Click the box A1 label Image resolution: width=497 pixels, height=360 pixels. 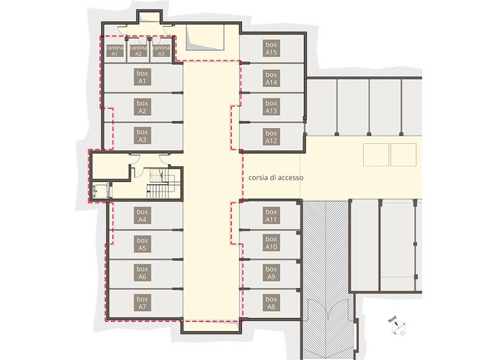pyautogui.click(x=142, y=77)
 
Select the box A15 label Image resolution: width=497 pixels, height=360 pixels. pyautogui.click(x=271, y=48)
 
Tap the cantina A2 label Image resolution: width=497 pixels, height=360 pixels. pyautogui.click(x=138, y=50)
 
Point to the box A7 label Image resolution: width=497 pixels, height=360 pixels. pyautogui.click(x=142, y=303)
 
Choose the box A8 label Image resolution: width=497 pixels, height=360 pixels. pyautogui.click(x=271, y=303)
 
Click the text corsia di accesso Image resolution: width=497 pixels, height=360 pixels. pyautogui.click(x=276, y=178)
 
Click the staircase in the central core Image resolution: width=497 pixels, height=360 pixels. pyautogui.click(x=161, y=183)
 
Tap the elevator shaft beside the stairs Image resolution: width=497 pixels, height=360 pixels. pyautogui.click(x=100, y=191)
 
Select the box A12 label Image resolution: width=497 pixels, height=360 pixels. pyautogui.click(x=271, y=137)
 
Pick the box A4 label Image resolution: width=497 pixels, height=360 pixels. pyautogui.click(x=142, y=215)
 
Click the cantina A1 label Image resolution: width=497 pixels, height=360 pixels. pyautogui.click(x=115, y=50)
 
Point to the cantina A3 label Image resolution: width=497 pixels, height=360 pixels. pyautogui.click(x=161, y=50)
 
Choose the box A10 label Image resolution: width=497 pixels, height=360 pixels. pyautogui.click(x=271, y=243)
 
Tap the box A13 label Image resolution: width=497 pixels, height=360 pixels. pyautogui.click(x=271, y=107)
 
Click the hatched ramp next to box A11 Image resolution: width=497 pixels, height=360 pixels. pyautogui.click(x=326, y=279)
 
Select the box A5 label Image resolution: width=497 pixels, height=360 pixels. pyautogui.click(x=142, y=244)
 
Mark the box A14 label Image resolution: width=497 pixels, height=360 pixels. pyautogui.click(x=271, y=78)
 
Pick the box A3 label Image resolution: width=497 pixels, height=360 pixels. pyautogui.click(x=142, y=135)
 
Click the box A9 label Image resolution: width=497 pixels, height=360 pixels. pyautogui.click(x=271, y=273)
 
